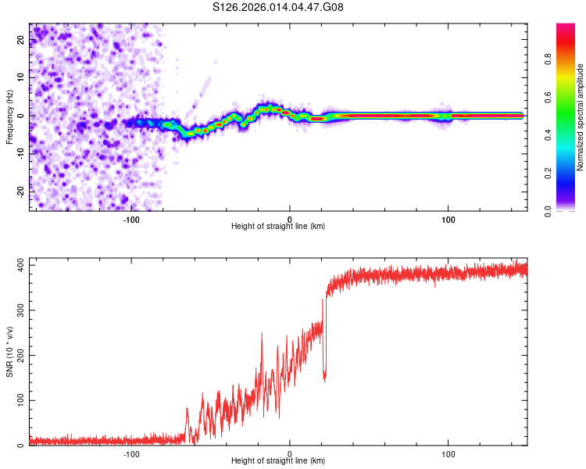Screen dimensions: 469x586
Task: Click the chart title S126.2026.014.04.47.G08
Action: [278, 8]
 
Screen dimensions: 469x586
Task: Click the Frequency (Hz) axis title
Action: [9, 117]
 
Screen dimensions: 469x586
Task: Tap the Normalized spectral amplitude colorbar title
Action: [581, 117]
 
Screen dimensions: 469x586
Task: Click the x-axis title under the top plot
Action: [278, 226]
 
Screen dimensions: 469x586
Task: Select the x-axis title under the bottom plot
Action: [278, 460]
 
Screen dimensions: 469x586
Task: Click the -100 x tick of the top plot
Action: [131, 219]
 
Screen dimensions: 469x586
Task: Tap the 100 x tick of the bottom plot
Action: [448, 453]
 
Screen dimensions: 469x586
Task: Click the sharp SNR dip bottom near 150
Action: [325, 381]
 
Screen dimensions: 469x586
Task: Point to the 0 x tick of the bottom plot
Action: [290, 453]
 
